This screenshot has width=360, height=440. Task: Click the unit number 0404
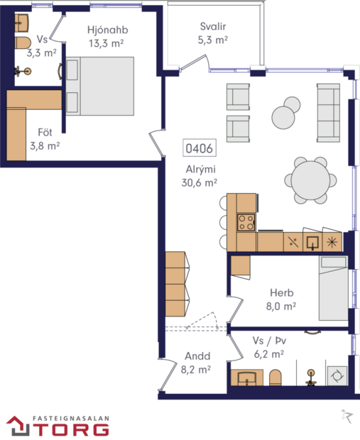pyautogui.click(x=200, y=149)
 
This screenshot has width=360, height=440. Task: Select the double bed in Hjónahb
pyautogui.click(x=99, y=87)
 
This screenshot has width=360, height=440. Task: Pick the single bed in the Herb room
pyautogui.click(x=333, y=288)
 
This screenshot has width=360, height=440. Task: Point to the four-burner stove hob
pyautogui.click(x=246, y=221)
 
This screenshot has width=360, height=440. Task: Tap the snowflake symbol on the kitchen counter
pyautogui.click(x=332, y=241)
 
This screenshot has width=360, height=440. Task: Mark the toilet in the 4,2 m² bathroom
pyautogui.click(x=276, y=377)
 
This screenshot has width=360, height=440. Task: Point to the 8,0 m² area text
pyautogui.click(x=281, y=306)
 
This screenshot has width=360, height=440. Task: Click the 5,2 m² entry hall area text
pyautogui.click(x=195, y=370)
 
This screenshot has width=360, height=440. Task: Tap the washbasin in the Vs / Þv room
pyautogui.click(x=247, y=376)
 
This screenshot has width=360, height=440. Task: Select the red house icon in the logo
pyautogui.click(x=16, y=424)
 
